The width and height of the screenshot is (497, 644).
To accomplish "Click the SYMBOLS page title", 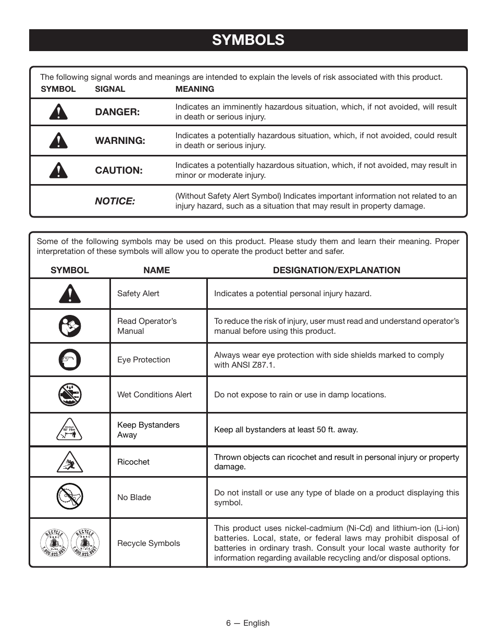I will click(248, 40).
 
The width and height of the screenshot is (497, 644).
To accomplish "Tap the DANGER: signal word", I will click(117, 112).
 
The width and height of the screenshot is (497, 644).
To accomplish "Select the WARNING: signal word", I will click(120, 141).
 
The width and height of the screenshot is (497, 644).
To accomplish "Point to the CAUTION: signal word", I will click(118, 171).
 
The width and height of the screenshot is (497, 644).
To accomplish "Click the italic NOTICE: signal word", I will click(115, 201).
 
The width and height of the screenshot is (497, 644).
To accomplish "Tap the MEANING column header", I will click(194, 89).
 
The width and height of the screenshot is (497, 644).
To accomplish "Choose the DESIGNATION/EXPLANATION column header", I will click(337, 270).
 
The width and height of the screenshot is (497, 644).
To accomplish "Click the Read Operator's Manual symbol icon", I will click(69, 326).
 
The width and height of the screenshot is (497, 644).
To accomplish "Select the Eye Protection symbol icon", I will click(69, 360).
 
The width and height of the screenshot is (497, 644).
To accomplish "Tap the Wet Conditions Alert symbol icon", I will click(69, 395).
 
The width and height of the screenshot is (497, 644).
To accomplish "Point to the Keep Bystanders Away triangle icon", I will click(69, 430).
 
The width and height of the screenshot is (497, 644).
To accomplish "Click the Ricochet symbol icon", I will click(69, 462).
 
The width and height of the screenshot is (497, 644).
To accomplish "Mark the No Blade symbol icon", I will click(69, 496).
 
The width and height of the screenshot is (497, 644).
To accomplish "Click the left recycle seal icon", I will click(55, 543).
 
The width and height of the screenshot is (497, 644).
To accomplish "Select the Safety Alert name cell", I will click(138, 294).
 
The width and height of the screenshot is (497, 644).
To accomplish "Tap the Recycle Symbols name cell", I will click(148, 543).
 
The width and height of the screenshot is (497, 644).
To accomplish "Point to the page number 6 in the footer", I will click(228, 623).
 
